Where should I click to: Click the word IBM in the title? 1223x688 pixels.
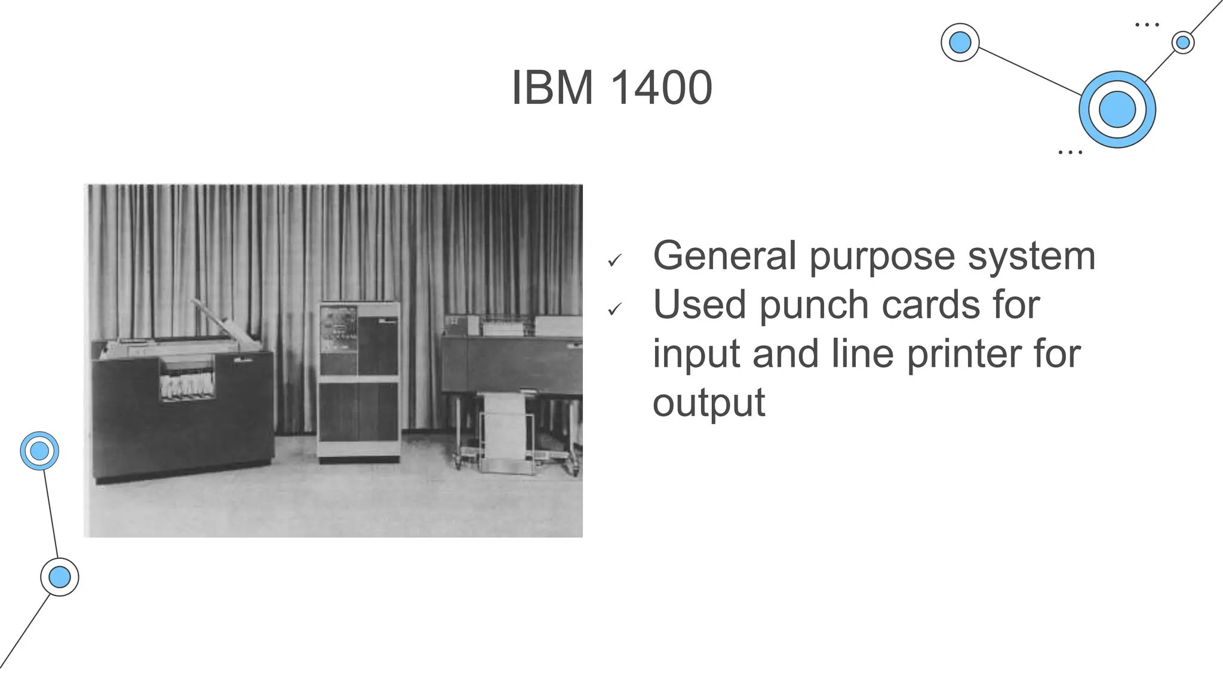click(552, 88)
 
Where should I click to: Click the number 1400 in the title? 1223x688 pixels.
click(662, 88)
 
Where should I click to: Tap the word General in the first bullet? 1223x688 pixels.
click(724, 256)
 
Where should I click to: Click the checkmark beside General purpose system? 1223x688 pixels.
click(614, 260)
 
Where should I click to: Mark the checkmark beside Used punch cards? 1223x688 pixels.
click(614, 309)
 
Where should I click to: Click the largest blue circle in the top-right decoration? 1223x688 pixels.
click(1117, 109)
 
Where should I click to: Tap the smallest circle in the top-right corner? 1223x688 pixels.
click(1182, 42)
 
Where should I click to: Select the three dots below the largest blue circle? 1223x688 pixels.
click(1070, 153)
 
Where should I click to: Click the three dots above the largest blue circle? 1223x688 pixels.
click(1147, 25)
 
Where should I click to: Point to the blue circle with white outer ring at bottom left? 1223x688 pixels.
click(60, 577)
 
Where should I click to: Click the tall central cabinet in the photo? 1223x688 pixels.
click(358, 382)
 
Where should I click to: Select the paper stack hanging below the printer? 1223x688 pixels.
click(505, 430)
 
